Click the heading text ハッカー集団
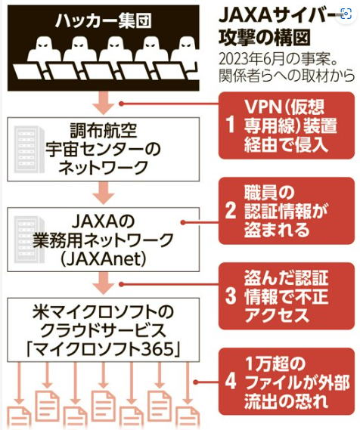coord(103,21)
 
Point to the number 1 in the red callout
coord(230,125)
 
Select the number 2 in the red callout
coord(231,210)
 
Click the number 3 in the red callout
coord(231,296)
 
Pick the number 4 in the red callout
coord(231,381)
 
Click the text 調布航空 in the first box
coord(104,130)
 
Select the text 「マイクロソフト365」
coord(103,349)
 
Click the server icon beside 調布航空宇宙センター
coord(29,149)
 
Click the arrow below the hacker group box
coord(103,103)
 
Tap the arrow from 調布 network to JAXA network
coord(103,193)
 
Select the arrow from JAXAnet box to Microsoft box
coord(103,283)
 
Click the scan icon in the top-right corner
coord(346,14)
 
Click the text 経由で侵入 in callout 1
coord(286,144)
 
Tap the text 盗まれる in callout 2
coord(277,229)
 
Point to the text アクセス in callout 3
coord(277,315)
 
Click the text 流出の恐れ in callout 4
coord(286,401)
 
